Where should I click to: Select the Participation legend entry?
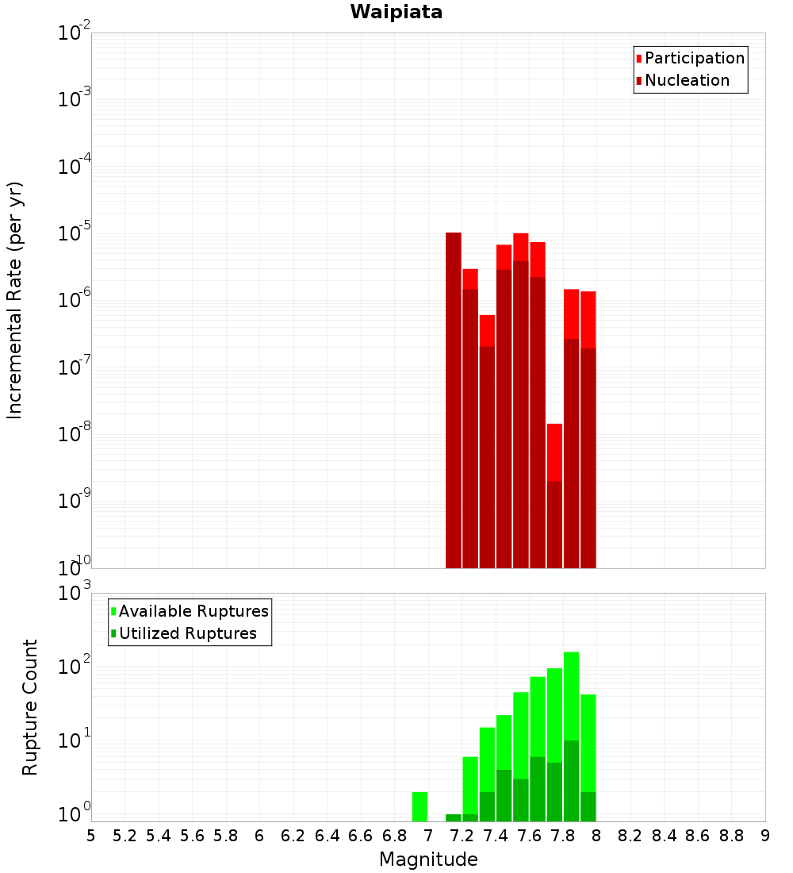coord(694,58)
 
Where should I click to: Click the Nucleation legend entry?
coord(686,80)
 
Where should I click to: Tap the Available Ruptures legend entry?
coord(193,611)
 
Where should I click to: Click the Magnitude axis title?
coord(428,860)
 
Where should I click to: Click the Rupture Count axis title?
coord(30,707)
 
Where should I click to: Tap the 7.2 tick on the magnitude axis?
coord(462,836)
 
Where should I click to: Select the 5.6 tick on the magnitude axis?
coord(193,836)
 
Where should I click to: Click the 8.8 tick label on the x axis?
coord(732,836)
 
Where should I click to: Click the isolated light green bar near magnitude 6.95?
coord(419,806)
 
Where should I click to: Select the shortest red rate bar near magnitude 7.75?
coord(554,452)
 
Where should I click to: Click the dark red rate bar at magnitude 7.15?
coord(454,397)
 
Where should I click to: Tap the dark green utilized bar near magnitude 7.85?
coord(571,782)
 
